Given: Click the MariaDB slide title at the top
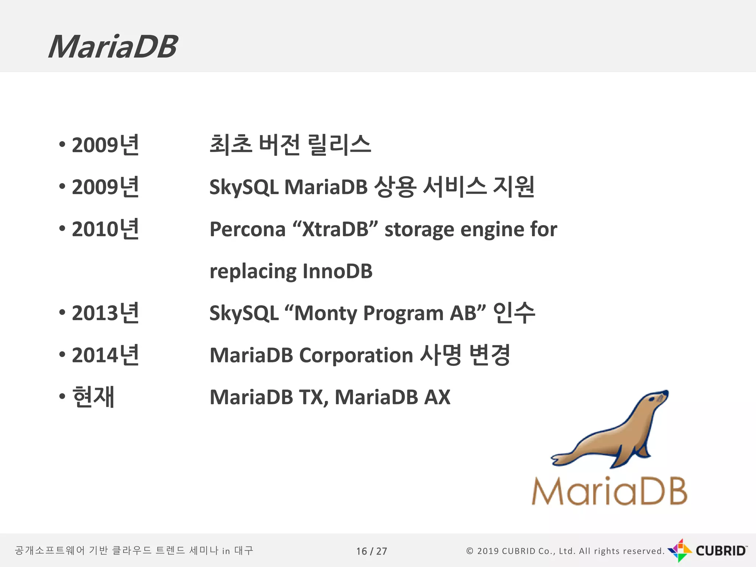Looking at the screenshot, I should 113,47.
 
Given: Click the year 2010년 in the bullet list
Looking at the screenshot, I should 105,229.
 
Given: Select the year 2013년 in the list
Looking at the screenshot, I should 105,313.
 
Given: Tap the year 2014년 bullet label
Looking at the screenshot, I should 105,355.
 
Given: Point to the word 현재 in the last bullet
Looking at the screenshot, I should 93,397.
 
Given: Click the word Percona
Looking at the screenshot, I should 247,229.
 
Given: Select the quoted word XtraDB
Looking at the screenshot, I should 335,229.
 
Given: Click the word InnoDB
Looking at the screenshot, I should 337,271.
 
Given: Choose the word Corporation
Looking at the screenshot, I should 356,355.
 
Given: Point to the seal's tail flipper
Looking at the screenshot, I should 563,459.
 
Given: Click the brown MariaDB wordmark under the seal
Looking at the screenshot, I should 609,491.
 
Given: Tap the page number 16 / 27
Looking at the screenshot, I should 371,551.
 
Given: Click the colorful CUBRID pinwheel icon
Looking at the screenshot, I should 680,550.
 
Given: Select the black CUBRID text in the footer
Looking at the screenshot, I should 721,551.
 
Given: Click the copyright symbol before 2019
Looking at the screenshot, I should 470,551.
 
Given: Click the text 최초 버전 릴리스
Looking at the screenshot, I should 290,144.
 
